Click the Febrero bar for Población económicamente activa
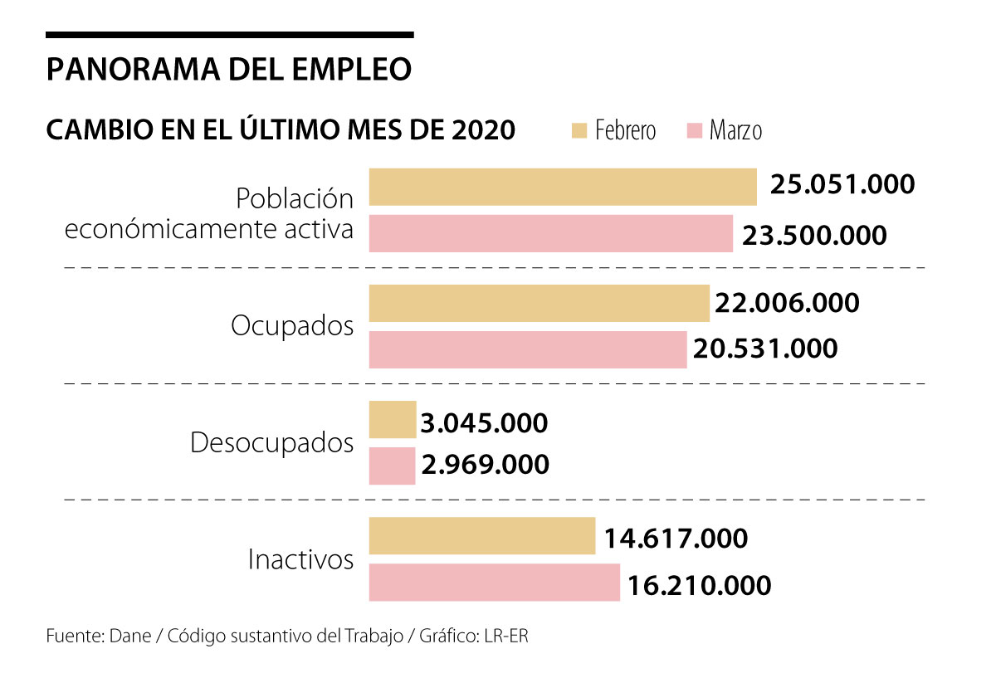coord(563,187)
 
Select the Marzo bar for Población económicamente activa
coord(550,233)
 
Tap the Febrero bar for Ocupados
coord(539,304)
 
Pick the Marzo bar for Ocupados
coord(528,349)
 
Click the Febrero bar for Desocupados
coord(393,420)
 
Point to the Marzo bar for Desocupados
coord(392,466)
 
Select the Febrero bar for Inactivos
coord(482,536)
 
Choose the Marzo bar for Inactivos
coord(494,583)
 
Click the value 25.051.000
coord(842,184)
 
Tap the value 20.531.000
coord(764,349)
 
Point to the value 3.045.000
coord(485,423)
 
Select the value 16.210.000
coord(700,585)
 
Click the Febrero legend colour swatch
coord(579,131)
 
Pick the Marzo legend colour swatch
coord(694,131)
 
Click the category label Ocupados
coord(292,326)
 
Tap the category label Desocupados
coord(272,443)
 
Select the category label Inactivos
coord(300,560)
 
